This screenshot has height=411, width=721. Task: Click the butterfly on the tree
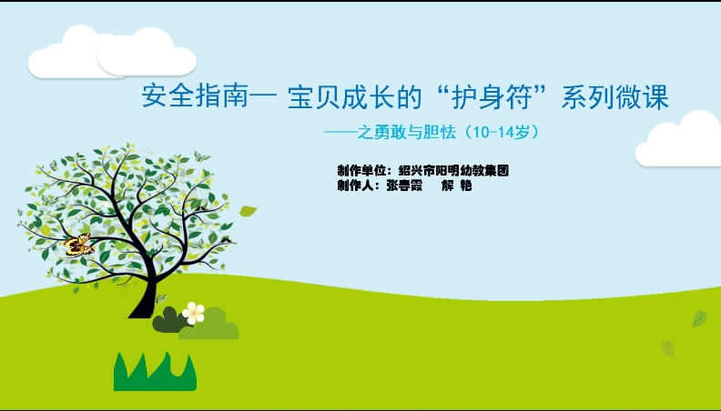click(x=78, y=245)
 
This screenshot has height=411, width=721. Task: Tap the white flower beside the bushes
click(x=193, y=313)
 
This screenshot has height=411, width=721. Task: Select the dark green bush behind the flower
click(x=168, y=320)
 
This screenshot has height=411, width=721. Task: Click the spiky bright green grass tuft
click(x=155, y=372)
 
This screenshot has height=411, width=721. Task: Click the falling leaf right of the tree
click(x=248, y=211)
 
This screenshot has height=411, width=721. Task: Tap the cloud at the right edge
click(x=679, y=139)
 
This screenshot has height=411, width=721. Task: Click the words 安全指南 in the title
click(x=195, y=96)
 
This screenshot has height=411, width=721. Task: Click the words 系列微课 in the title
click(x=614, y=96)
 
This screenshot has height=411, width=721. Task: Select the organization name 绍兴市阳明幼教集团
click(x=453, y=171)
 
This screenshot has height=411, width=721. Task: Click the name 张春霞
click(x=404, y=185)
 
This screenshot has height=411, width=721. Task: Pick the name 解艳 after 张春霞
click(x=457, y=185)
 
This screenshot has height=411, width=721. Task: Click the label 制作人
click(x=355, y=185)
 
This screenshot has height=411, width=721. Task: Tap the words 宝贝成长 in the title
click(x=341, y=96)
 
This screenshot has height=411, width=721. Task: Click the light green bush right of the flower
click(x=209, y=325)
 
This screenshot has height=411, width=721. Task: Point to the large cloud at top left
click(x=112, y=53)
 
